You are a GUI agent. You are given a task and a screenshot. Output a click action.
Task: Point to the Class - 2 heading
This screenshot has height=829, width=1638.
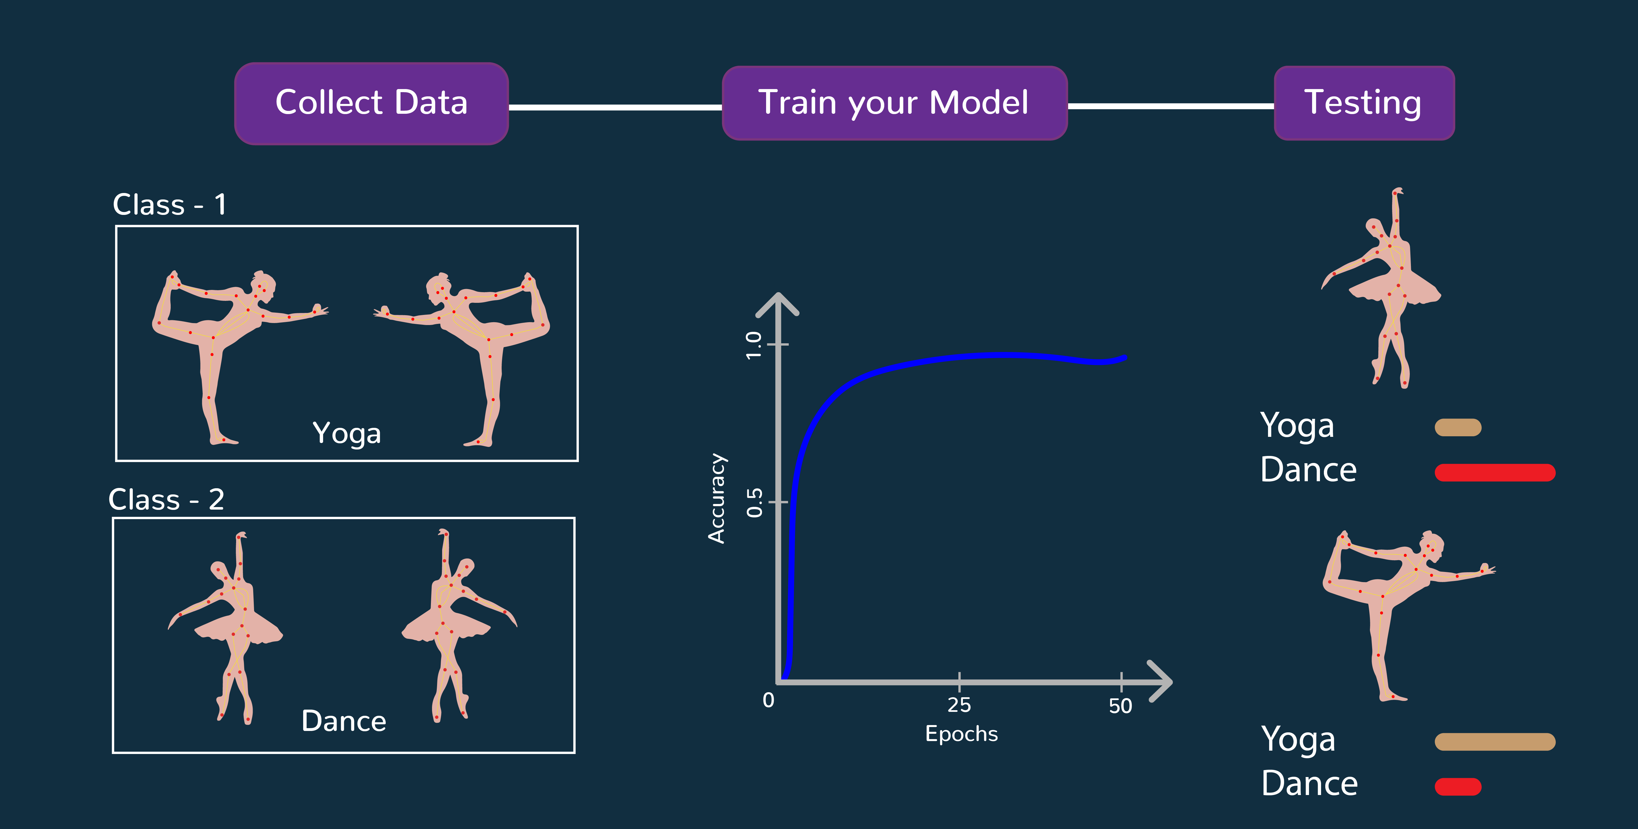[166, 499]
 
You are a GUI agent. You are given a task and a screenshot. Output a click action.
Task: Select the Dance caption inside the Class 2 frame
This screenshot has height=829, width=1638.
[344, 721]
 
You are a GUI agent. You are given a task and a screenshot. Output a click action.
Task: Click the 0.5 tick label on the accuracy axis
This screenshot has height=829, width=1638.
[754, 503]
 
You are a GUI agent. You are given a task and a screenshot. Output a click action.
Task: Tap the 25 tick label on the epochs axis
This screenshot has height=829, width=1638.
[959, 705]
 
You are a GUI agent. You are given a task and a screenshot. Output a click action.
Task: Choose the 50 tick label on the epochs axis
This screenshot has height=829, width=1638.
[1120, 706]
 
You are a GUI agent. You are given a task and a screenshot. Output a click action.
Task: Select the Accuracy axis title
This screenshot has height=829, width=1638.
[717, 498]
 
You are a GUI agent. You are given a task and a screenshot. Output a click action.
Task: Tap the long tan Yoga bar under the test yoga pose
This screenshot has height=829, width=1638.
[1495, 742]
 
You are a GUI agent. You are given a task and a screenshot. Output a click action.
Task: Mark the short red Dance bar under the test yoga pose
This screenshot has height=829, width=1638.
[1458, 787]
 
